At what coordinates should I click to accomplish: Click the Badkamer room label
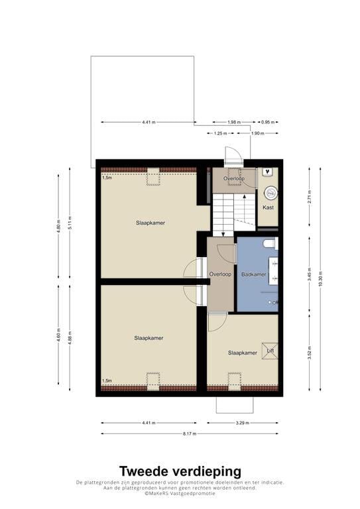(254, 274)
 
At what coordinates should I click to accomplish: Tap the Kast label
(268, 207)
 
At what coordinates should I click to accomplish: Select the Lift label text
(270, 350)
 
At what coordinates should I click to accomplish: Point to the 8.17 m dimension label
(190, 434)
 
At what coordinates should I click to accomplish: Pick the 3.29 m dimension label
(243, 422)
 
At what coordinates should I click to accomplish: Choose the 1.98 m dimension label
(233, 122)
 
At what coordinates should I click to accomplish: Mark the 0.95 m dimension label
(269, 122)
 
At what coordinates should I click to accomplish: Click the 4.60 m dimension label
(58, 335)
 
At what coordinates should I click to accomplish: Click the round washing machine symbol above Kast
(270, 193)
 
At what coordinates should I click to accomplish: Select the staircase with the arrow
(233, 211)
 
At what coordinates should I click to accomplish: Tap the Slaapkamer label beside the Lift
(242, 353)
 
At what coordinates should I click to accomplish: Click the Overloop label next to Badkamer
(219, 274)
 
